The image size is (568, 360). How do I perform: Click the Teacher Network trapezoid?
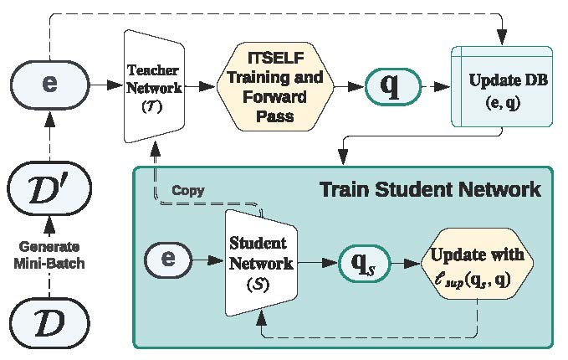(152, 86)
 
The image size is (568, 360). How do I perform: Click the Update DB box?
(503, 86)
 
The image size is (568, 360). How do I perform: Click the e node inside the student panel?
(167, 260)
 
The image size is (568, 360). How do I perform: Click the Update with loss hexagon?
(476, 263)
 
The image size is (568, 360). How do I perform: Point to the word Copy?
(187, 190)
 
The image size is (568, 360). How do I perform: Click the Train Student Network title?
(430, 189)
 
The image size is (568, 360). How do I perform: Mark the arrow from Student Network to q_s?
(317, 263)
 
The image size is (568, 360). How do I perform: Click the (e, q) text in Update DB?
(504, 105)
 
